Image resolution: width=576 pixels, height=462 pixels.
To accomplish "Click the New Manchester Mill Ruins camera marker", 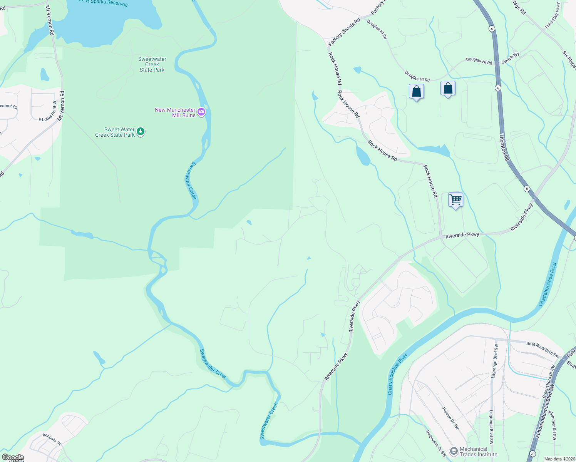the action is pyautogui.click(x=201, y=112).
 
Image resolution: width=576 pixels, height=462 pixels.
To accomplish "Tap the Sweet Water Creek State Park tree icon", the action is pyautogui.click(x=141, y=132).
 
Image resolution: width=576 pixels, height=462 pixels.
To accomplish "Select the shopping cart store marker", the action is pyautogui.click(x=455, y=200).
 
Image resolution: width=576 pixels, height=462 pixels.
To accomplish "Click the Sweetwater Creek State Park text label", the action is pyautogui.click(x=152, y=64).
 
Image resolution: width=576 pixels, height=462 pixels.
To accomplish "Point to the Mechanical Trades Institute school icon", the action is pyautogui.click(x=454, y=451).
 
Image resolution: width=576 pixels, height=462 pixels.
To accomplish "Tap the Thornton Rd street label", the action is pyautogui.click(x=504, y=147).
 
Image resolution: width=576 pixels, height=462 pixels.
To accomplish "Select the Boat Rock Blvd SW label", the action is pyautogui.click(x=543, y=349).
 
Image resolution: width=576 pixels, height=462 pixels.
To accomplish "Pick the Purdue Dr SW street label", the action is pyautogui.click(x=450, y=418).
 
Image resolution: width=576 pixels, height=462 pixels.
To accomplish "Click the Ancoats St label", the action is pyautogui.click(x=52, y=439).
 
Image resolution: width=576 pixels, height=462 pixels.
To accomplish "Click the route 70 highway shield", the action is pyautogui.click(x=532, y=454).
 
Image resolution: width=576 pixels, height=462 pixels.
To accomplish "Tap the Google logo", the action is pyautogui.click(x=13, y=457).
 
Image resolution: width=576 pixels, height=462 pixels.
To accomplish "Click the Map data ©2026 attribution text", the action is pyautogui.click(x=559, y=459).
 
